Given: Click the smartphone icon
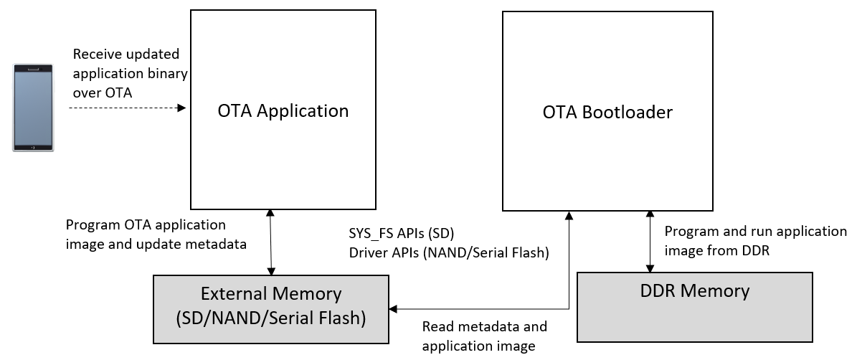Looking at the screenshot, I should (34, 108).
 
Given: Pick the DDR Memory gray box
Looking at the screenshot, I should (694, 307).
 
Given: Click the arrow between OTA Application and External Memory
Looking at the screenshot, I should (270, 242).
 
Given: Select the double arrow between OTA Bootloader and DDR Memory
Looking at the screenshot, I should (650, 242).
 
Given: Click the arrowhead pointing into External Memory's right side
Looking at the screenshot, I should (393, 309).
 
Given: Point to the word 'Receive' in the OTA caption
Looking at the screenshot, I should (97, 55).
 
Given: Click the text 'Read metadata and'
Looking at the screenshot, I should (484, 327).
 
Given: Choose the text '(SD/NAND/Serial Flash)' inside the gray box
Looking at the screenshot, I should (271, 318).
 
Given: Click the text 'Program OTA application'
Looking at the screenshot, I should (146, 224).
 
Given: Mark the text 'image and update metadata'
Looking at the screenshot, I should (156, 244).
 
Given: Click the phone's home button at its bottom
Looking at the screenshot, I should (34, 146).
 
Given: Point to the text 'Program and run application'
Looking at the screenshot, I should (755, 232).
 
